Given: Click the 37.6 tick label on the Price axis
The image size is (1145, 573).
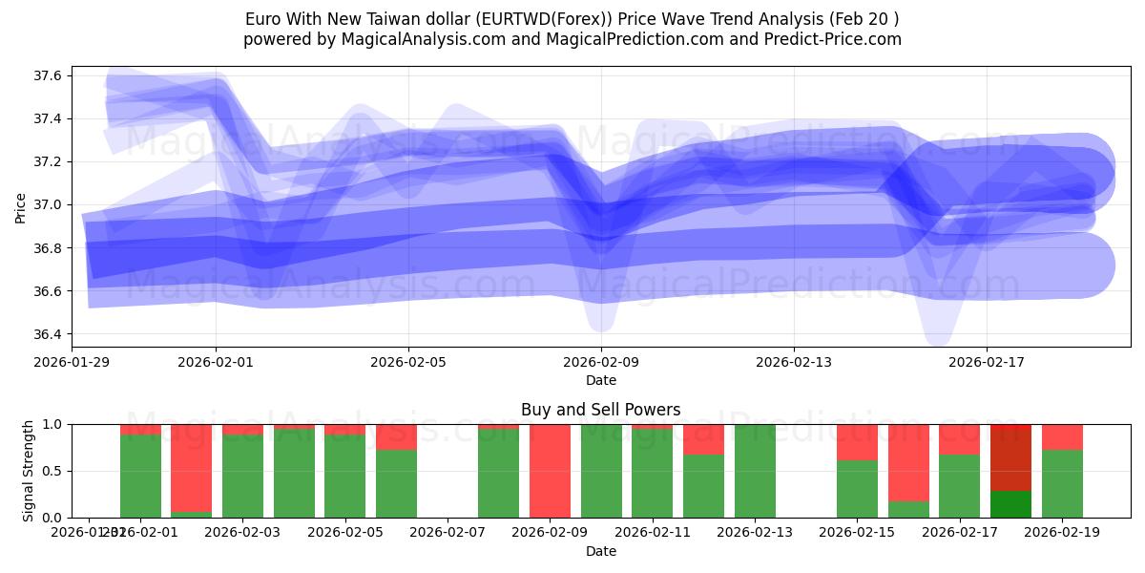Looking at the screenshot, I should (50, 75).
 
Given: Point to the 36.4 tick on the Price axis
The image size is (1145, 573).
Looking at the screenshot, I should (50, 334).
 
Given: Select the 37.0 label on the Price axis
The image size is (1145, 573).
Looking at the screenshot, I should (50, 204).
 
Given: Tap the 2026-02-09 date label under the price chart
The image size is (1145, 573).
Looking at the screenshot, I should (601, 362).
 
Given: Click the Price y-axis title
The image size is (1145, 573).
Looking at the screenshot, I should (21, 206).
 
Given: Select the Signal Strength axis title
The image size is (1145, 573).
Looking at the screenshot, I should (29, 471).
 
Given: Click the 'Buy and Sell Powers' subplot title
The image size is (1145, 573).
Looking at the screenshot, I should (601, 410).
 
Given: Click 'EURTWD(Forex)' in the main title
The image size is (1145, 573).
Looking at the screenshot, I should (510, 19).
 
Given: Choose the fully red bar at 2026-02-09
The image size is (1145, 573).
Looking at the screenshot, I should (550, 471).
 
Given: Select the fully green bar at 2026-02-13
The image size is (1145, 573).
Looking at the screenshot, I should (755, 471).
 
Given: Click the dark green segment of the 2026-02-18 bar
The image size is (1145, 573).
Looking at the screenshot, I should (1010, 504).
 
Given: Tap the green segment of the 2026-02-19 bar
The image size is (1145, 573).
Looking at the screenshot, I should (1062, 484).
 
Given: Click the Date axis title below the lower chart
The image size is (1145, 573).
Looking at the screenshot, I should (601, 551).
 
